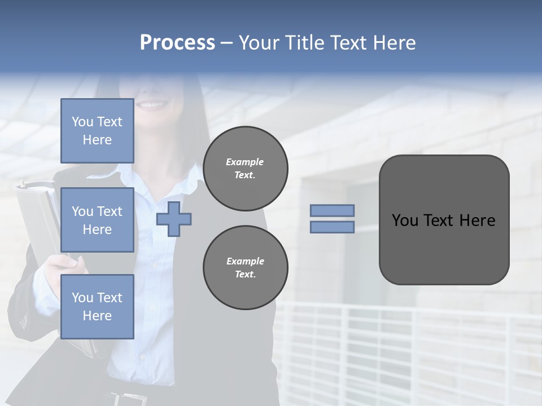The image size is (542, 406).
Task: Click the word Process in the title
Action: (177, 43)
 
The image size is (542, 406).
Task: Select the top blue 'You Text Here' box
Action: (97, 131)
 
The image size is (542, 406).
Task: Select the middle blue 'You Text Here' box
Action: (97, 220)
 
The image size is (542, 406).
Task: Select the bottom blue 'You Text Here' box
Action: (97, 307)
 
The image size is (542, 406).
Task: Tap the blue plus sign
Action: (174, 219)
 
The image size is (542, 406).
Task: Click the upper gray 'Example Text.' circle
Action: (246, 169)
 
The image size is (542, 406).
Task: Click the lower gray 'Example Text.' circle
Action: (246, 268)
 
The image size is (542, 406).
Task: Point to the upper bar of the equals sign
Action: (332, 210)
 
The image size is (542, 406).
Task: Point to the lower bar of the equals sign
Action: (332, 227)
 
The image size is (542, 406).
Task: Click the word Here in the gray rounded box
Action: (477, 220)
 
